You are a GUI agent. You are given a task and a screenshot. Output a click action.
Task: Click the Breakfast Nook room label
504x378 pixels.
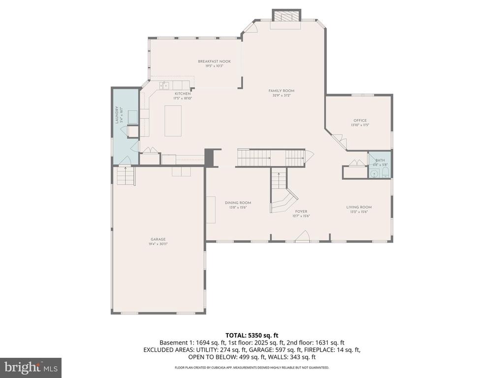(x=214, y=62)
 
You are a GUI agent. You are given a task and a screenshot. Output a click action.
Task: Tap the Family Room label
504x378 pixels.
(x=281, y=91)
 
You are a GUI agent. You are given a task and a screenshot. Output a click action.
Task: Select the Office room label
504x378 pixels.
(x=360, y=121)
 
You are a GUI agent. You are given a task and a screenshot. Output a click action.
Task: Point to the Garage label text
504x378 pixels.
(x=157, y=239)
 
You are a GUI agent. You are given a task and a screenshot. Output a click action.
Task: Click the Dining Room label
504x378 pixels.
(x=238, y=203)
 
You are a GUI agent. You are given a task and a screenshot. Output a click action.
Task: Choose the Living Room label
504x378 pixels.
(x=359, y=207)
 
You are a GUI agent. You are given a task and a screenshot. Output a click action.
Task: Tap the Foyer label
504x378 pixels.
(x=301, y=212)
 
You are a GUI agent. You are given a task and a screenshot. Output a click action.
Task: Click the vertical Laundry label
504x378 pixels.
(x=118, y=115)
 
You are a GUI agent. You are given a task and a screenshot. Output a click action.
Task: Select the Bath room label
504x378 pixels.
(x=380, y=160)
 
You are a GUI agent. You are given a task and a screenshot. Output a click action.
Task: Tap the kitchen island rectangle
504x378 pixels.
(x=173, y=120)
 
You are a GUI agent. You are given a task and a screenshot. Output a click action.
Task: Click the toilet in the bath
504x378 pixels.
(x=385, y=173)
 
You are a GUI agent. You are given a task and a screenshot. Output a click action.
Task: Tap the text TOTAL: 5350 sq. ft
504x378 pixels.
(x=252, y=335)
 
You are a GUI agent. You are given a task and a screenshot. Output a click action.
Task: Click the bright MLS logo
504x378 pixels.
(x=31, y=367)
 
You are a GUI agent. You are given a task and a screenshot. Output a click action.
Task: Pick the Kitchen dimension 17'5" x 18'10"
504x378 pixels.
(x=182, y=98)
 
